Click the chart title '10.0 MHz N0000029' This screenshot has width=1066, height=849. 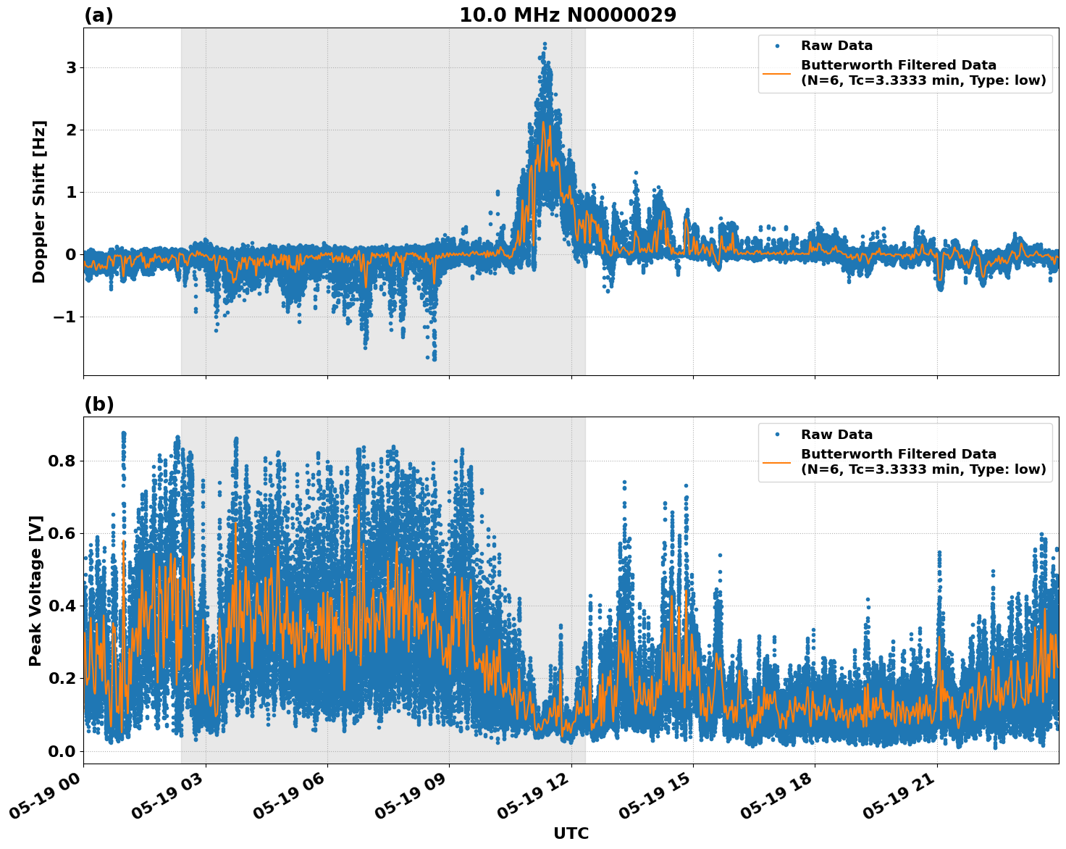pos(568,15)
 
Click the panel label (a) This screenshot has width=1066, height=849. pos(98,15)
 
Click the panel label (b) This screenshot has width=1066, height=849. pos(98,404)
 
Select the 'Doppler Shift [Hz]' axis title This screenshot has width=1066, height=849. pos(39,201)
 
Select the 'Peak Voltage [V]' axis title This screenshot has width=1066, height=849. pos(35,590)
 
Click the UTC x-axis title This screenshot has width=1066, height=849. pos(571,833)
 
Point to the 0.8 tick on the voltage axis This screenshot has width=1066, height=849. pos(62,461)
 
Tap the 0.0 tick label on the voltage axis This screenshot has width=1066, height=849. pos(62,751)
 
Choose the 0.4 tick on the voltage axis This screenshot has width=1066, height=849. pos(62,606)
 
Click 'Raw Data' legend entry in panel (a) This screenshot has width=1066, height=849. pos(836,46)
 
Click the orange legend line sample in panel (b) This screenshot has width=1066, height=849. pos(777,462)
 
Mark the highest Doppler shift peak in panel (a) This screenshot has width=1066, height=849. pos(545,44)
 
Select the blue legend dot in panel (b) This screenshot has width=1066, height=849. pos(777,435)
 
